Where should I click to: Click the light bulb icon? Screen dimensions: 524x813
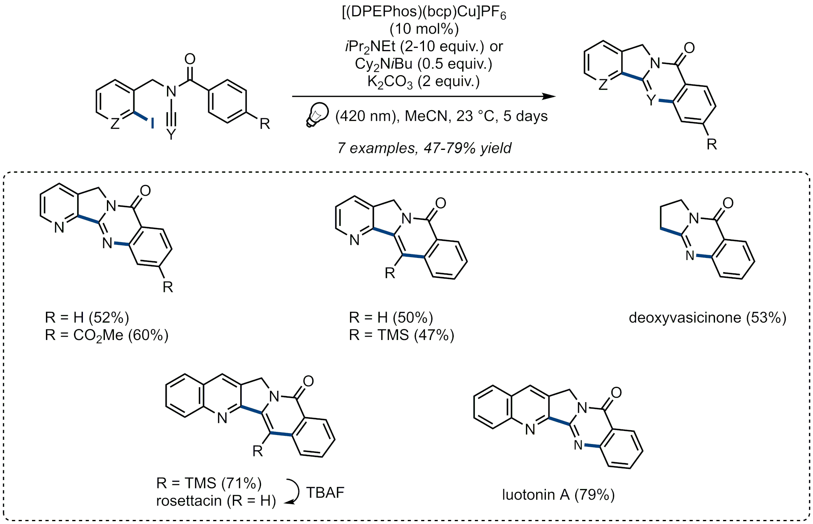tap(317, 114)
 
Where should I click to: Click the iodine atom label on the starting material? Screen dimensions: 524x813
tap(152, 123)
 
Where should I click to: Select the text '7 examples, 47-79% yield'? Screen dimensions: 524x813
tap(424, 148)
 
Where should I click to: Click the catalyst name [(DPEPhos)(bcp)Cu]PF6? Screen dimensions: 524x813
tap(424, 12)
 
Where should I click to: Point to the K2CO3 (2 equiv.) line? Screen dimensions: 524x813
tap(424, 82)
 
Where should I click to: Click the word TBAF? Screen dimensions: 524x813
tap(325, 493)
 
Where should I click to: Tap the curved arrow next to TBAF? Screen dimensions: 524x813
tap(293, 492)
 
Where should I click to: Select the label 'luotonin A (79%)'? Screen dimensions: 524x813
tap(558, 495)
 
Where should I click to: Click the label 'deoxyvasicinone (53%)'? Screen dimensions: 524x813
tap(707, 318)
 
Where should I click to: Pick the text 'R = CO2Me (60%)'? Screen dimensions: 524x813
tap(107, 336)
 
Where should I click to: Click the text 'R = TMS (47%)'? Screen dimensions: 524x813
tap(401, 335)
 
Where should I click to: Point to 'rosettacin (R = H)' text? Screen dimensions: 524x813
tap(216, 501)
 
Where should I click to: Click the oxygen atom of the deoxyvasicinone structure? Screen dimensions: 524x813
tap(728, 203)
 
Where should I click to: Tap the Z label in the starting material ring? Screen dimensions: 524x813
tap(115, 123)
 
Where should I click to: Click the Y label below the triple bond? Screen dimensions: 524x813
tap(171, 134)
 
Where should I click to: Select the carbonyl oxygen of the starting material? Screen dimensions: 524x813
tap(190, 59)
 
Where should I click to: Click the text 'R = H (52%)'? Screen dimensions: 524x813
tap(87, 318)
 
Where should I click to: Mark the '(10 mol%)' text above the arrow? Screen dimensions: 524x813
tap(424, 29)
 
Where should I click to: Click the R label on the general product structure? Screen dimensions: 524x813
tap(711, 144)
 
